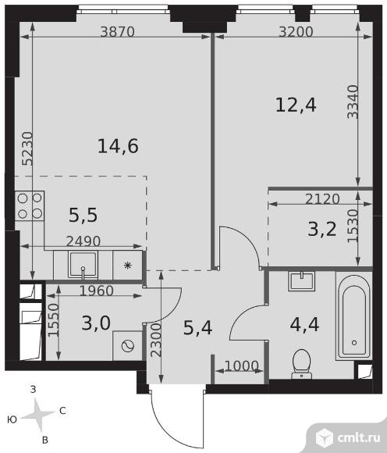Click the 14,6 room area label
[x=118, y=146]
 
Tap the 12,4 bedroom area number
[x=296, y=105]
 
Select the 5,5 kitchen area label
[x=83, y=216]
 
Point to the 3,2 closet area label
[x=322, y=230]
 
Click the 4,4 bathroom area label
[x=304, y=324]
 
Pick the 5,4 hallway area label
[x=197, y=328]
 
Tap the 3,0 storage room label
[x=96, y=323]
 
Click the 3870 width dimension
[x=118, y=32]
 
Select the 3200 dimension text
[x=296, y=32]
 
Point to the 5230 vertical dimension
[x=28, y=148]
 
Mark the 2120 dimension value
[x=322, y=199]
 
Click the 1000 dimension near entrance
[x=241, y=366]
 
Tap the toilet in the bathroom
[x=301, y=364]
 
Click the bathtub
[x=354, y=316]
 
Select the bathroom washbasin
[x=302, y=280]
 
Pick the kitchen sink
[x=83, y=265]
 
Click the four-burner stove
[x=30, y=205]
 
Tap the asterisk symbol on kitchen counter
[x=127, y=265]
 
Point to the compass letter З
[x=34, y=390]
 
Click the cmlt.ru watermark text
[x=359, y=438]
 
